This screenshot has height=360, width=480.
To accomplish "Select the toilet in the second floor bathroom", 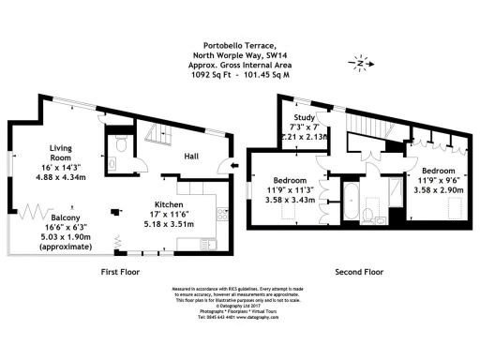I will pyautogui.click(x=367, y=213).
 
